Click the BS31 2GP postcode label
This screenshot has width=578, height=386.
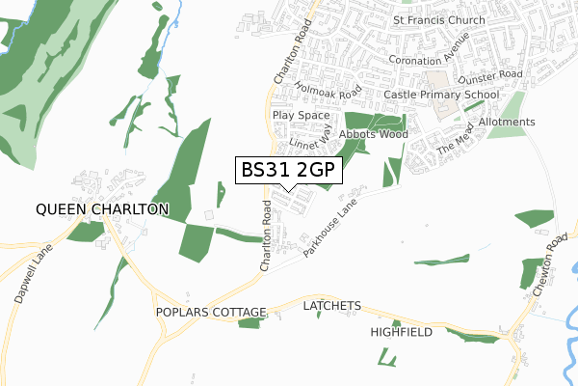pyautogui.click(x=289, y=170)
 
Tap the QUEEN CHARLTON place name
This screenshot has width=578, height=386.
pyautogui.click(x=102, y=208)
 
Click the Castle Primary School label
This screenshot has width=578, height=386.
pyautogui.click(x=441, y=95)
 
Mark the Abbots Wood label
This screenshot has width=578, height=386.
pyautogui.click(x=373, y=134)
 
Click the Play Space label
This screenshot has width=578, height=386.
pyautogui.click(x=301, y=115)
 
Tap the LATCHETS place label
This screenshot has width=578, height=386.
pyautogui.click(x=331, y=306)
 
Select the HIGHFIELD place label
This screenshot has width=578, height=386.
pyautogui.click(x=404, y=332)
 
